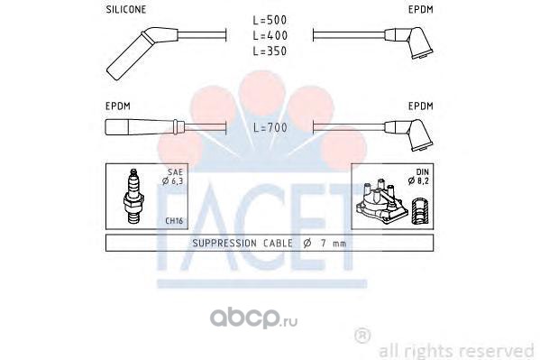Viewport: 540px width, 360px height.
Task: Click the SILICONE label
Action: click(x=126, y=9)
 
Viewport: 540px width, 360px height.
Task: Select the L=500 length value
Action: click(x=270, y=20)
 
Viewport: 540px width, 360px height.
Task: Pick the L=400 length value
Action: click(x=270, y=35)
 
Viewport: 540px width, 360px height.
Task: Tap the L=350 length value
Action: click(x=270, y=51)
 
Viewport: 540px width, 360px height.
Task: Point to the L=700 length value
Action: click(x=270, y=127)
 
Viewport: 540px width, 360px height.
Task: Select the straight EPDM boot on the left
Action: click(x=144, y=127)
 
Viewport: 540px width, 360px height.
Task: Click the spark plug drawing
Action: click(x=133, y=196)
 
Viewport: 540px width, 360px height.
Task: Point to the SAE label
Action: click(x=175, y=171)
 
